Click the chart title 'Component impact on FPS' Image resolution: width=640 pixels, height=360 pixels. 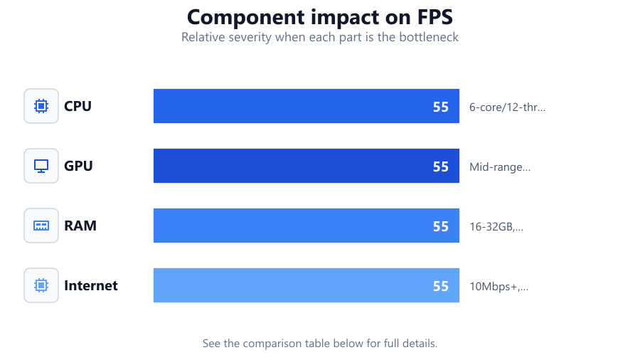[x=319, y=17]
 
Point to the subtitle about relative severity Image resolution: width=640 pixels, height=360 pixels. [x=319, y=37]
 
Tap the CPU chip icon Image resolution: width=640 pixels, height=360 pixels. [x=41, y=106]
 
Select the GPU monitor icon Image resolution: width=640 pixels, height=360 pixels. [x=41, y=166]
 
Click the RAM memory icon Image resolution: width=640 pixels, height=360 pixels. [x=41, y=226]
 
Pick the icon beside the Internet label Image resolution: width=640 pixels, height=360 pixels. [x=41, y=285]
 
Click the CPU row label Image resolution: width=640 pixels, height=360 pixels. [x=78, y=106]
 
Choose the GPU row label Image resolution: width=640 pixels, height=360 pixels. [x=78, y=166]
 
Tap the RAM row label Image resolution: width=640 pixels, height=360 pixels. [x=80, y=226]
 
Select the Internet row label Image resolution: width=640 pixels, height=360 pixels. [x=90, y=285]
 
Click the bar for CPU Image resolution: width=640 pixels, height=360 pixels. [x=306, y=106]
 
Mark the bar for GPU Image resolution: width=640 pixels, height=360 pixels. [x=306, y=166]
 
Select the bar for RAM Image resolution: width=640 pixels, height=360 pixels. [x=306, y=226]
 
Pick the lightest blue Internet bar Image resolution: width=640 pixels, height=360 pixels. [x=306, y=285]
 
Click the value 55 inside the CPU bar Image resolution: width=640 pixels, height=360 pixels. [x=441, y=107]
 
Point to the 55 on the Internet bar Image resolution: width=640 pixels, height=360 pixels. [x=441, y=287]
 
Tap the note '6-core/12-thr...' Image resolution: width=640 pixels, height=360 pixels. [x=507, y=107]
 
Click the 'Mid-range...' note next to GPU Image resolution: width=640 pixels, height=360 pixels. [x=500, y=167]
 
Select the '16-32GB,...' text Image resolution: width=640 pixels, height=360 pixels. [x=496, y=226]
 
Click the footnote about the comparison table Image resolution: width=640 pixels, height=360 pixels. [x=319, y=343]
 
